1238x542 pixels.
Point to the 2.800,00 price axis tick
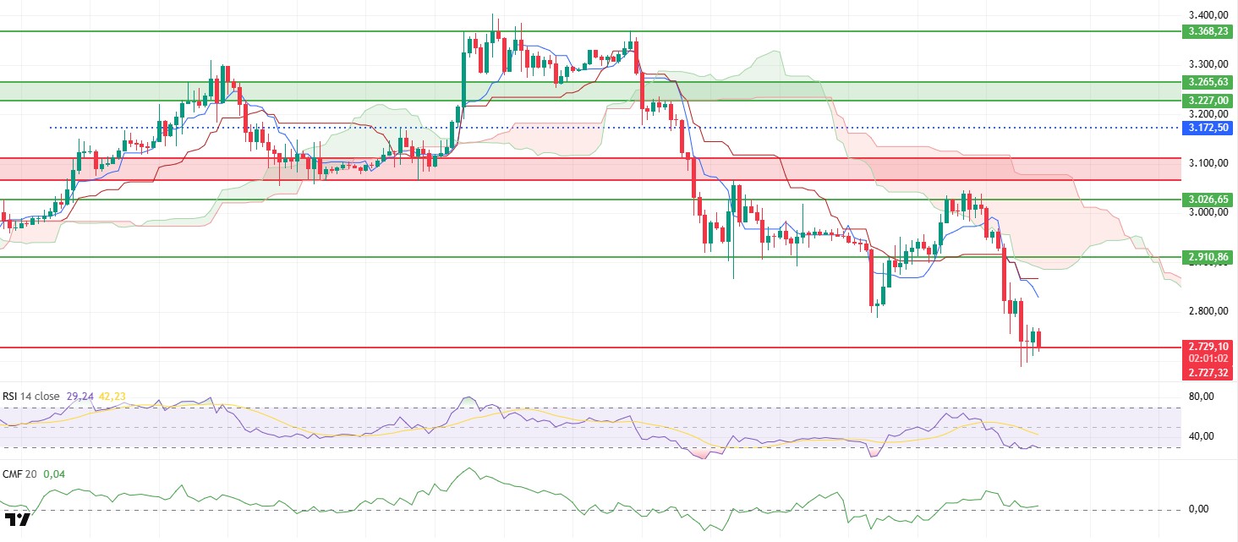coord(1208,311)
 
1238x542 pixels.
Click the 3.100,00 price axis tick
coord(1208,162)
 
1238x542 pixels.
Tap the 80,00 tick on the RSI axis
coord(1202,397)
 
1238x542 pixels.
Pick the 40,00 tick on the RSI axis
coord(1202,436)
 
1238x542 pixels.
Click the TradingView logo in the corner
coord(17,519)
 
